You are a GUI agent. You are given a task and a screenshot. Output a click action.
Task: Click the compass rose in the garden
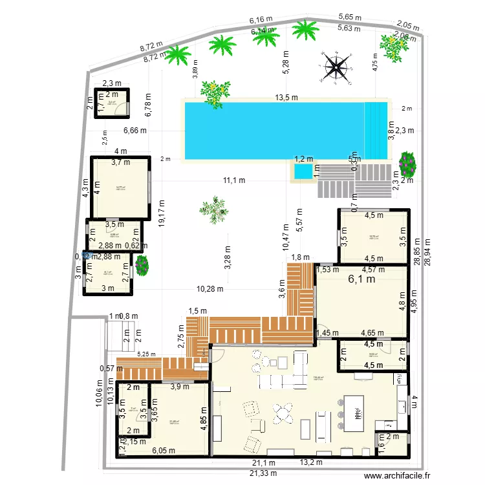[x=337, y=65]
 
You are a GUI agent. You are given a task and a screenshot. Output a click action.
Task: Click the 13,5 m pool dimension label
[x=286, y=98]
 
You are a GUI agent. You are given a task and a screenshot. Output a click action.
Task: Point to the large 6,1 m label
[x=361, y=279]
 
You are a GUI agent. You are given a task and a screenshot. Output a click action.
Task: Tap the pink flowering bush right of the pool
[x=407, y=164]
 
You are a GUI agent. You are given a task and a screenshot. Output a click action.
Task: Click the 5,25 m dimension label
[x=147, y=354]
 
